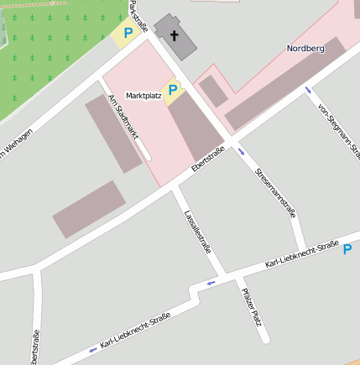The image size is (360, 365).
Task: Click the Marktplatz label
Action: [143, 96]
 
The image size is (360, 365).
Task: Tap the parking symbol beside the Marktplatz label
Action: [173, 90]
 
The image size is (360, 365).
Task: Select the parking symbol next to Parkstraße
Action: [128, 34]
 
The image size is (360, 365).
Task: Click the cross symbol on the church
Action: [175, 35]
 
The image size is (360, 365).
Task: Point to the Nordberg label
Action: [305, 49]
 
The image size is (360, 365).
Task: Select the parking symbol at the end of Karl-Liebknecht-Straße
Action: [347, 249]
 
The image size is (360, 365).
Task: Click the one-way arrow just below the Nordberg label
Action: [309, 89]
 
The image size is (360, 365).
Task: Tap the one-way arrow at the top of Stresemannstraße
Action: [242, 152]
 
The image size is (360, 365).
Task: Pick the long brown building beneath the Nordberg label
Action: [284, 84]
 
